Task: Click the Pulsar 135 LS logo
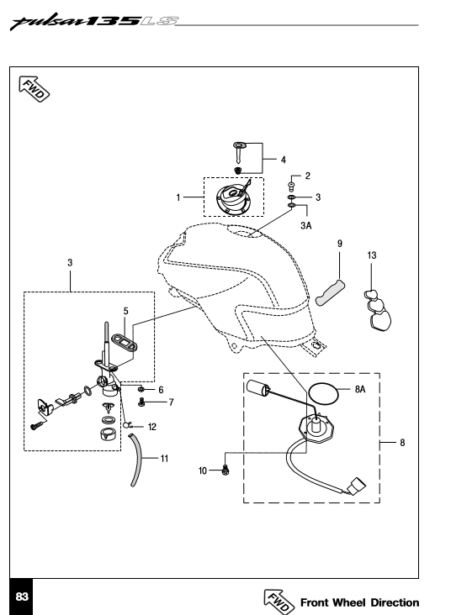pos(94,22)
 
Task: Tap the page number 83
pos(22,597)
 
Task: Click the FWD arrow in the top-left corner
pos(34,89)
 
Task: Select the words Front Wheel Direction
pos(359,602)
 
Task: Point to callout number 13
pos(372,255)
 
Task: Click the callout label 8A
pos(360,389)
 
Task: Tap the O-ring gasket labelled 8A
pos(323,393)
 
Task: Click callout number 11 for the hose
pos(164,459)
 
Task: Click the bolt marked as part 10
pos(225,469)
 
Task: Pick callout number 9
pos(340,244)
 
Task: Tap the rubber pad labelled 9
pos(330,293)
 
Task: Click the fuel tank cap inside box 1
pos(233,197)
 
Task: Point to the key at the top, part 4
pos(239,153)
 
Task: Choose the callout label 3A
pos(306,225)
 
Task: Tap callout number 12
pos(152,427)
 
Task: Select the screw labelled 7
pos(141,402)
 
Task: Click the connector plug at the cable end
pos(356,486)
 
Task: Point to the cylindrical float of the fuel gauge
pos(258,388)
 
